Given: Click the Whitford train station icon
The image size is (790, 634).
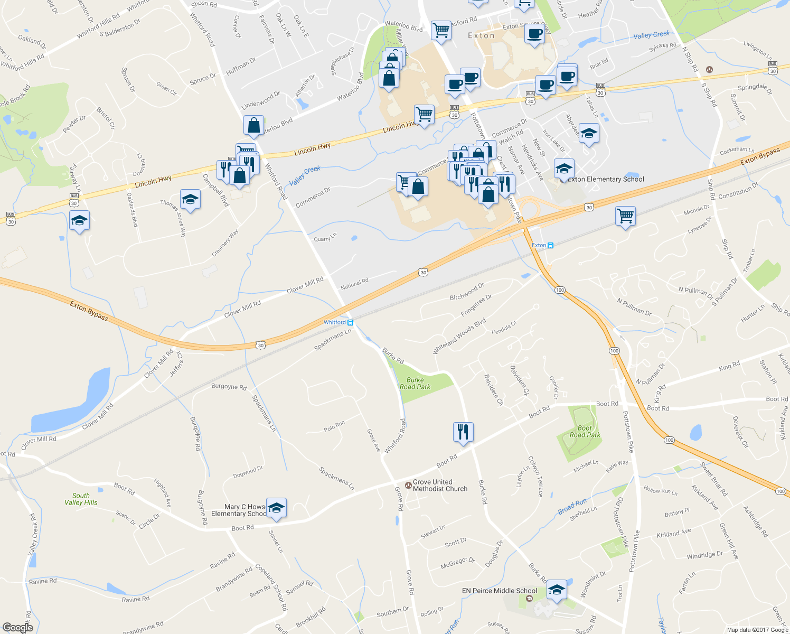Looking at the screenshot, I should pos(350,322).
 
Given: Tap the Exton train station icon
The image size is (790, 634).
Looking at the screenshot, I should pos(550,245).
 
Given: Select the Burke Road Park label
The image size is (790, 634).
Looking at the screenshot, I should pos(415,384).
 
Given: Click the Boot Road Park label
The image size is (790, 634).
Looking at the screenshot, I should pos(585,432).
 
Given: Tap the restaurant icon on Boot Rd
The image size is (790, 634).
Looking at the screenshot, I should pos(463,432).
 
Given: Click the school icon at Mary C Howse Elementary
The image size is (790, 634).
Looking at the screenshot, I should pos(276,508).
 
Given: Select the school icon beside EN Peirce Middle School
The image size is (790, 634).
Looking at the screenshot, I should pos(556,590).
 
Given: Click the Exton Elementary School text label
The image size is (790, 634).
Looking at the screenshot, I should pos(606,179).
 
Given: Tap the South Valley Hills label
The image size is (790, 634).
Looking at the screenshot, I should pos(81,499).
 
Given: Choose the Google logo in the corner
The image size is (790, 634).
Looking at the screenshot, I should pos(17,628).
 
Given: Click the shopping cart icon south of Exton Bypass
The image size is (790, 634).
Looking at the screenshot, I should pos(625,216).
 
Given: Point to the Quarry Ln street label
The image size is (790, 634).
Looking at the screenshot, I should pos(325,238).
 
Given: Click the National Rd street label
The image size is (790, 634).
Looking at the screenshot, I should pos(354,284).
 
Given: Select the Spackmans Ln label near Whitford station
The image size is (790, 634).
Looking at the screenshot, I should pos(333,340).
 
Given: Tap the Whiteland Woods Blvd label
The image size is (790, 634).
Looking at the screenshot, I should pos(459,337).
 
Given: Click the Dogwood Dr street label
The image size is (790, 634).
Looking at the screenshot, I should pos(248,472).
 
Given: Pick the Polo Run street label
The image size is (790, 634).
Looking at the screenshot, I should pos(334,426).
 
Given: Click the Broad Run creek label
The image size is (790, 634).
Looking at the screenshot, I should pos(572,506).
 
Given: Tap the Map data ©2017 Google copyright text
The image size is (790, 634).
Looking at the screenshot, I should pos(757,630).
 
